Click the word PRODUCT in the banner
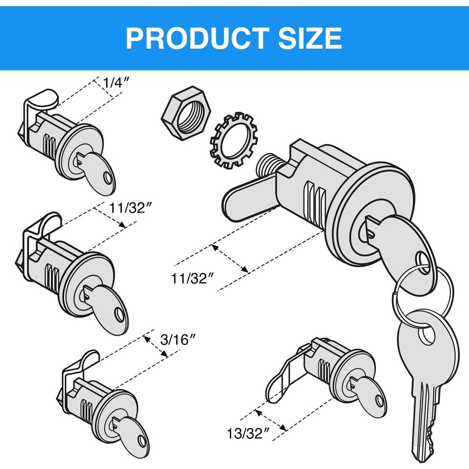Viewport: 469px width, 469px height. (197, 38)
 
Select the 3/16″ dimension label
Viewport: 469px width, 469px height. (177, 339)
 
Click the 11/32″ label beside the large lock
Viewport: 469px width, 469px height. (193, 279)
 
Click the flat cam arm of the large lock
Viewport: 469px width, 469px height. (249, 202)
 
